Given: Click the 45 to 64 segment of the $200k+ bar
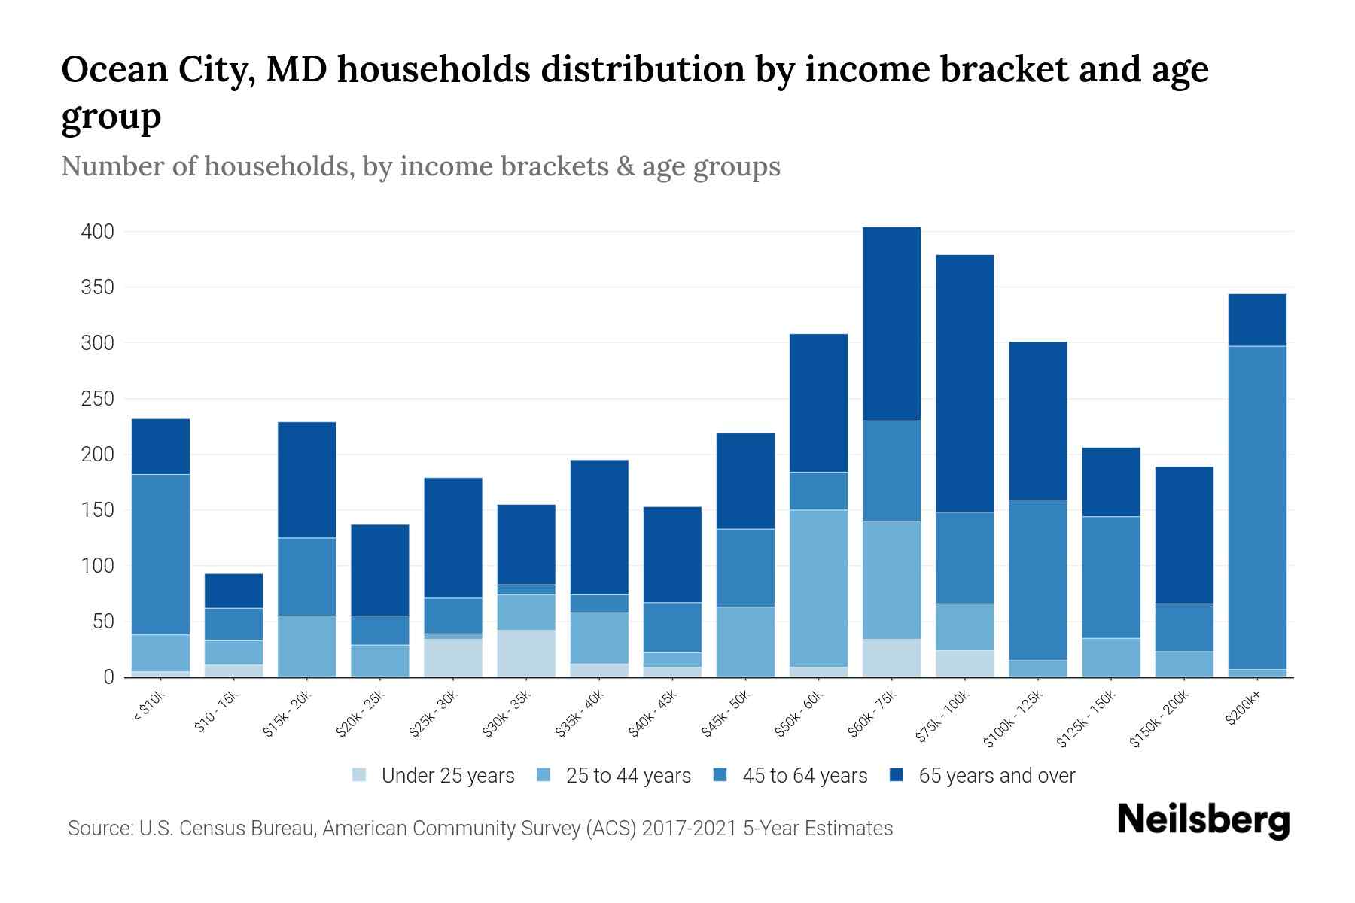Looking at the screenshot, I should pos(1256,508).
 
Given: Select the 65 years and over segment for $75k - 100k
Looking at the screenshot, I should pos(964,384).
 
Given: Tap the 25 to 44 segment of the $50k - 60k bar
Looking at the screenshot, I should pos(818,588).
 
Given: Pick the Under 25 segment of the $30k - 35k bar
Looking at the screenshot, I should pos(526,653).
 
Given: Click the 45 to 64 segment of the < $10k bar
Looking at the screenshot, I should pos(160,555).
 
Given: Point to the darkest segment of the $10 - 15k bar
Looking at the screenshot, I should pos(233,591).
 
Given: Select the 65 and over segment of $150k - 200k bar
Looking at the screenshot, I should pos(1183,535).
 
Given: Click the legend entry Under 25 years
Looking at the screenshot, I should pos(448,776).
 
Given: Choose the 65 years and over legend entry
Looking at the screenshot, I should pos(997,776).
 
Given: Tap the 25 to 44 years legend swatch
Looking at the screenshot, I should pos(544,775).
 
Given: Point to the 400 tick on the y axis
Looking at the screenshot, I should pos(98,232).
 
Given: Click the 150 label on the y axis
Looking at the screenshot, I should pos(98,510).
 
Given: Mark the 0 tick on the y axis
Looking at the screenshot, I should pos(108,677).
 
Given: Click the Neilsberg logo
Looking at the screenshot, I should pos(1203,821).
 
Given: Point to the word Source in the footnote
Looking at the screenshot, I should pos(98,829).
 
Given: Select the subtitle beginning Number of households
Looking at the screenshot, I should pos(420,166).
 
